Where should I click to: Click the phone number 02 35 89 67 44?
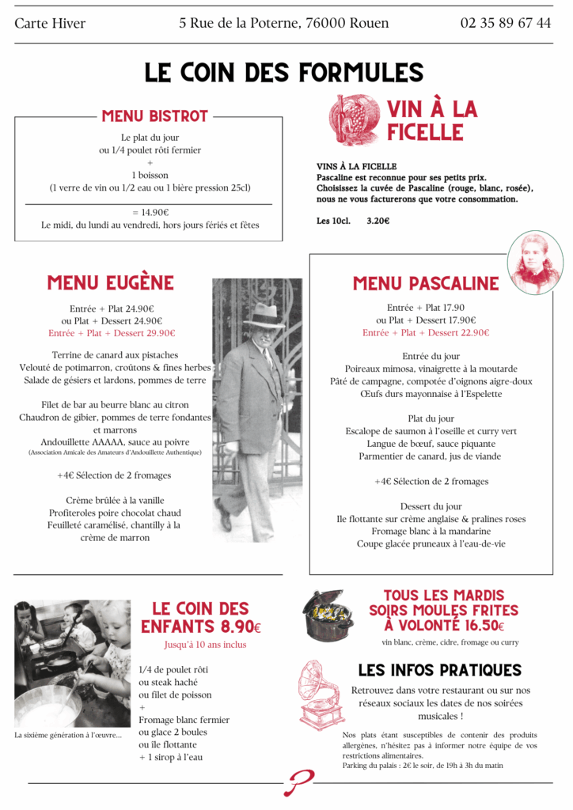pos(506,23)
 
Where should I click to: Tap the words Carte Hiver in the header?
pos(50,23)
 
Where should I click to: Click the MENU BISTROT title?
pos(154,116)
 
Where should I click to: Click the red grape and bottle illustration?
pos(353,119)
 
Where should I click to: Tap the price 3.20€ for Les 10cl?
pos(378,221)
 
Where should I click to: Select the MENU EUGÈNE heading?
pos(110,283)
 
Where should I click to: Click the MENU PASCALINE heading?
pos(426,283)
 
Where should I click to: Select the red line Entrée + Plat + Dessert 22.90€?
pos(426,333)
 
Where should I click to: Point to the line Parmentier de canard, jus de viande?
pos(430,456)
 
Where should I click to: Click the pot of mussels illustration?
pos(327,614)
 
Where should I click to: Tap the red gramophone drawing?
pos(321,693)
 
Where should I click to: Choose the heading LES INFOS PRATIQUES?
pos(440,670)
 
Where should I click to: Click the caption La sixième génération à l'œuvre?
pos(68,735)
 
